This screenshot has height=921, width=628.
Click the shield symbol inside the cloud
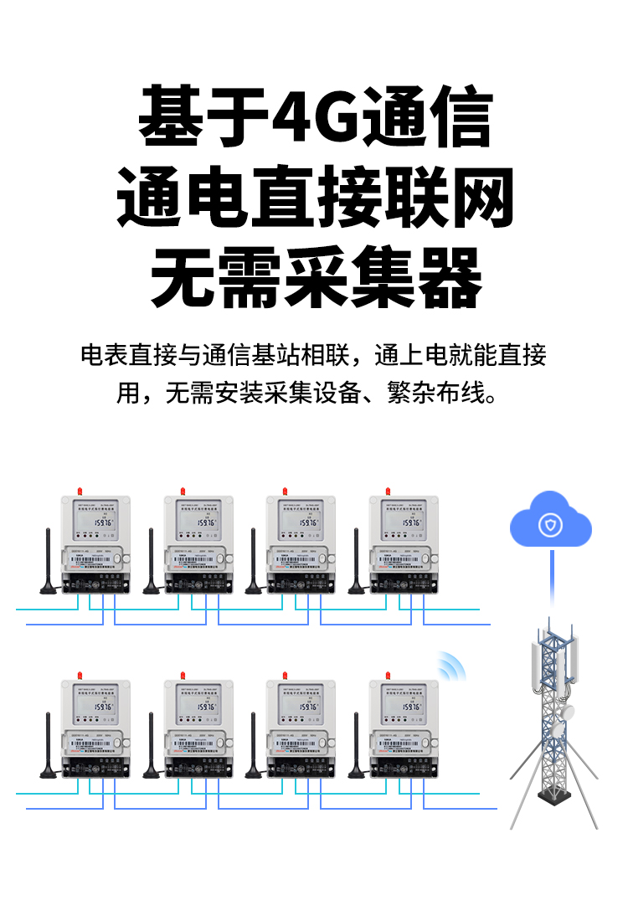550,526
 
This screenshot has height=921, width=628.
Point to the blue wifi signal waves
450,666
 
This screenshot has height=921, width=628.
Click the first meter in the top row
95,544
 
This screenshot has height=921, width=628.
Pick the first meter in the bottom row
95,728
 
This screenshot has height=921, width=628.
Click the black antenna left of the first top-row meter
49,561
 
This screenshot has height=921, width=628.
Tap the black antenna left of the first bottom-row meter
49,745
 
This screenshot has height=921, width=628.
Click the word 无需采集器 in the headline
316,278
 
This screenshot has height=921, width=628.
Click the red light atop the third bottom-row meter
284,674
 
